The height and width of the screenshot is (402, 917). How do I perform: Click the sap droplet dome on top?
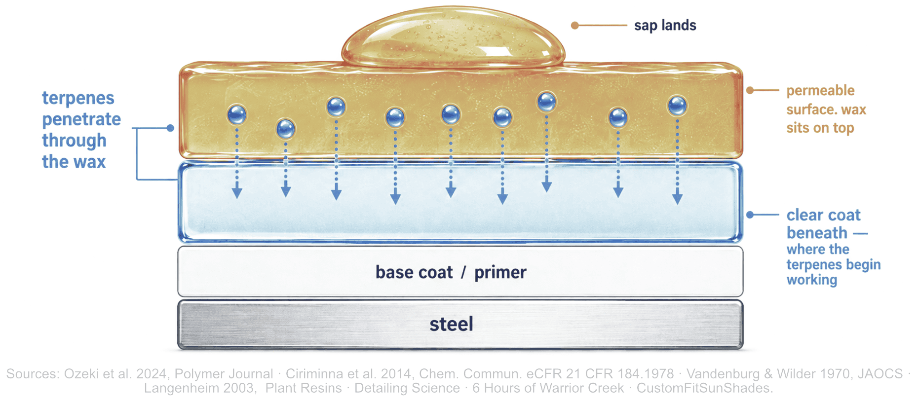(x=453, y=37)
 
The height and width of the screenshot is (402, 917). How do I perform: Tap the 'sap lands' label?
(x=665, y=25)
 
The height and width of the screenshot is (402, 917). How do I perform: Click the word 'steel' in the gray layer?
(x=451, y=324)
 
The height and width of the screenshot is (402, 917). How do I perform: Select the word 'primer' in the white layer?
(x=500, y=272)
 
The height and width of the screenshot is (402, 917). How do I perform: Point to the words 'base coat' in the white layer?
(x=414, y=272)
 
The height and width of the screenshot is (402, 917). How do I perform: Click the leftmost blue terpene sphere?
(x=237, y=114)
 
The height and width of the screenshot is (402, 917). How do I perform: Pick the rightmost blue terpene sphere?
(x=677, y=106)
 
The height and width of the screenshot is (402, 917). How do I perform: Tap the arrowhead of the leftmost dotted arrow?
(x=237, y=193)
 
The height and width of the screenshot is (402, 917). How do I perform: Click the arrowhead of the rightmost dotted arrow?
(x=677, y=198)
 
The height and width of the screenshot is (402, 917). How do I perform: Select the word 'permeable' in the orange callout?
(x=820, y=91)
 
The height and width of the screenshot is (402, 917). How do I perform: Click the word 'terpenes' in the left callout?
(x=78, y=98)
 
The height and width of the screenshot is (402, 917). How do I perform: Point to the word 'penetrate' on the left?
(x=81, y=119)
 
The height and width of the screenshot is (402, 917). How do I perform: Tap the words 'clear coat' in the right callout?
(x=823, y=215)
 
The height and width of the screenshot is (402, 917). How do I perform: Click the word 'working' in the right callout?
(x=812, y=280)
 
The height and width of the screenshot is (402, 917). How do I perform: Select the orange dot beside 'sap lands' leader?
(x=574, y=25)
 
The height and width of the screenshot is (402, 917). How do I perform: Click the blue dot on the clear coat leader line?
(x=750, y=215)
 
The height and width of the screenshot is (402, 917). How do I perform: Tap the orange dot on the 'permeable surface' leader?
(x=750, y=90)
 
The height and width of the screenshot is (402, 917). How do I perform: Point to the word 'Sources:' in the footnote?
(x=33, y=374)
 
